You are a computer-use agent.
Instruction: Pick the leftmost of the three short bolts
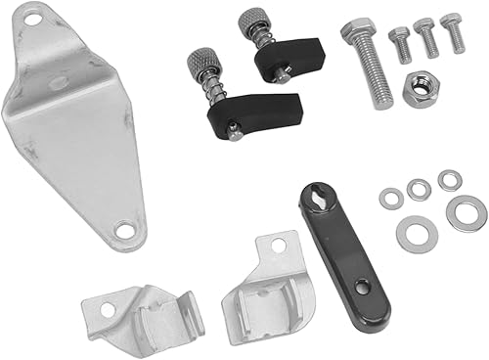400,44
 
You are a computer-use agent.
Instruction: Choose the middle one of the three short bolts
426,37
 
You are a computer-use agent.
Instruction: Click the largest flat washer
467,213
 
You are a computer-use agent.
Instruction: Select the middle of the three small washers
419,190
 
